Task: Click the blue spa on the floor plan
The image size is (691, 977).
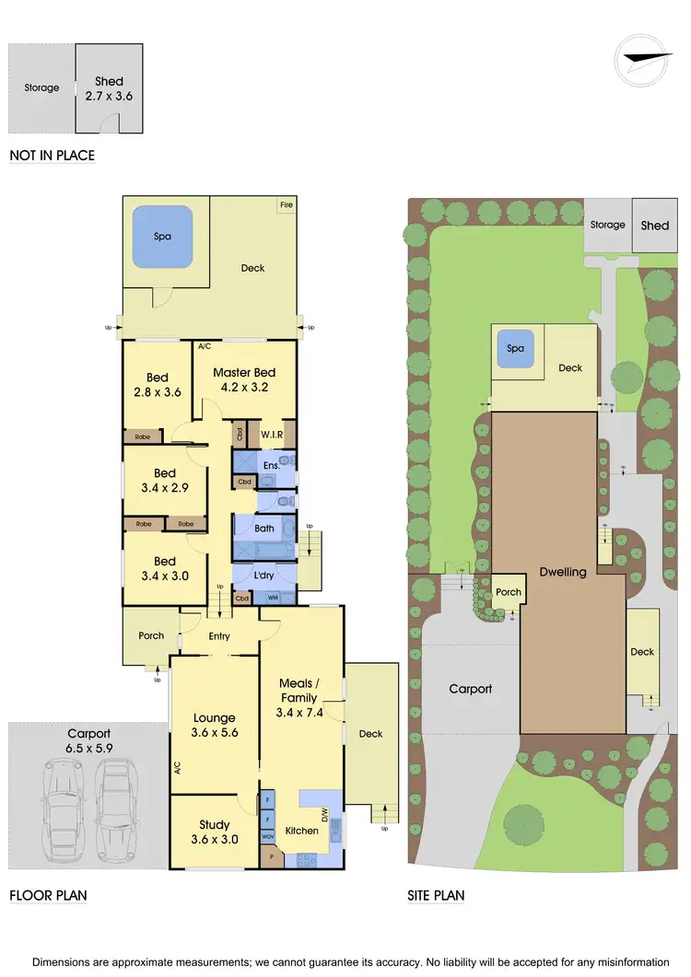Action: (163, 236)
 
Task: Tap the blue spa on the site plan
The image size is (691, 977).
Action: (516, 349)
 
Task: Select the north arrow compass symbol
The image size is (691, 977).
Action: (641, 61)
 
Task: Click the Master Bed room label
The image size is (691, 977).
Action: (244, 380)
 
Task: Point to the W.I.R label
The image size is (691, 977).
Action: (271, 435)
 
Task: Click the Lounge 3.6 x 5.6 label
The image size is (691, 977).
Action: (214, 726)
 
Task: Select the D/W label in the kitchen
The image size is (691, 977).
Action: (324, 813)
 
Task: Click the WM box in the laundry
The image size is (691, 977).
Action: (273, 598)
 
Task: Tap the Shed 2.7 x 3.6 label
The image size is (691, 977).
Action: (109, 88)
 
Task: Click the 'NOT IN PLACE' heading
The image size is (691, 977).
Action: (52, 156)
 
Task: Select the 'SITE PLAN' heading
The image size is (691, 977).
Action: (436, 895)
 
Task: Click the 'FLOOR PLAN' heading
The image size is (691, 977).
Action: (48, 895)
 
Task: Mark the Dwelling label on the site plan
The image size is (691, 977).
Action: (562, 572)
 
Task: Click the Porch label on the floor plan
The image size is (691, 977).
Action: (151, 635)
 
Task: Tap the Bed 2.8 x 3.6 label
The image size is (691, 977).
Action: (158, 385)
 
